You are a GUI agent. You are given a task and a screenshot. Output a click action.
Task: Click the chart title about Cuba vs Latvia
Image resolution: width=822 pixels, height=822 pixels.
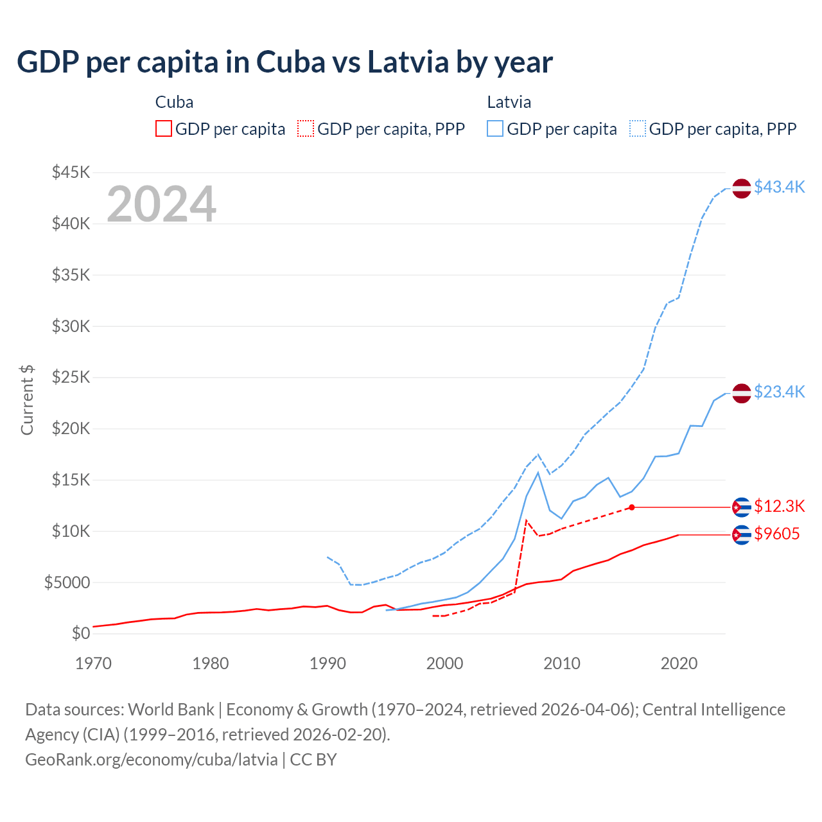pyautogui.click(x=284, y=62)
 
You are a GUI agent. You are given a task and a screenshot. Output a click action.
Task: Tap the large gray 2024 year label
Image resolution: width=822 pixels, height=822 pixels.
pyautogui.click(x=161, y=204)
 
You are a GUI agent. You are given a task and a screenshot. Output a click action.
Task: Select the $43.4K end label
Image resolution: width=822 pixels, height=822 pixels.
pyautogui.click(x=779, y=187)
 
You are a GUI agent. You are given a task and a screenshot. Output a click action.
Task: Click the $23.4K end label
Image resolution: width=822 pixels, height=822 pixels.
pyautogui.click(x=779, y=392)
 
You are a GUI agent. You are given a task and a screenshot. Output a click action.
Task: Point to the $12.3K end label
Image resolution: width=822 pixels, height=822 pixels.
pyautogui.click(x=779, y=506)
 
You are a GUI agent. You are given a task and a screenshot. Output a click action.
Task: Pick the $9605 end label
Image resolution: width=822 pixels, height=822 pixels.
pyautogui.click(x=776, y=534)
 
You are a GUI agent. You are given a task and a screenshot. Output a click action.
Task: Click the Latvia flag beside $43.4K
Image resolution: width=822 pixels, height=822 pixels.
pyautogui.click(x=742, y=188)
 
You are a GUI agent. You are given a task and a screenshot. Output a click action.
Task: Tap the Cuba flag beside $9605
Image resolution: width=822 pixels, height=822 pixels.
pyautogui.click(x=742, y=534)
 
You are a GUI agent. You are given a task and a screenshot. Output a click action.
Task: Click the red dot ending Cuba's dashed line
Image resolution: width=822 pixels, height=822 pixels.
pyautogui.click(x=632, y=507)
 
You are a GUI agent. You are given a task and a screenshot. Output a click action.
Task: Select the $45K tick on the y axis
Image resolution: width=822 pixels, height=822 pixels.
pyautogui.click(x=71, y=172)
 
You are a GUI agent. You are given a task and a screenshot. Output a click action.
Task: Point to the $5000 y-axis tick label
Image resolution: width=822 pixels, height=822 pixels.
pyautogui.click(x=67, y=582)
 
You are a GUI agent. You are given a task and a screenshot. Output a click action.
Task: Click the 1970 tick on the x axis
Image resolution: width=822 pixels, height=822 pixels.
pyautogui.click(x=94, y=663)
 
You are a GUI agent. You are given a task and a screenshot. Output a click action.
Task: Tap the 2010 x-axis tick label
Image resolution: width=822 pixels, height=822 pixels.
pyautogui.click(x=562, y=663)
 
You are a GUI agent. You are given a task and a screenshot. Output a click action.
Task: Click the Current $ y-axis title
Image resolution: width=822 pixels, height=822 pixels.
pyautogui.click(x=27, y=399)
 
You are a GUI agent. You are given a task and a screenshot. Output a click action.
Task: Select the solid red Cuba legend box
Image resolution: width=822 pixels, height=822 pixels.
pyautogui.click(x=164, y=129)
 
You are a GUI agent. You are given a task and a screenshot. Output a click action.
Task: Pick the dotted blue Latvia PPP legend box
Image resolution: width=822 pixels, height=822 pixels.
pyautogui.click(x=638, y=129)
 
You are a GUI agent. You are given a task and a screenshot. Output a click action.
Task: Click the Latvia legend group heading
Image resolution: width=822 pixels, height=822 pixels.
pyautogui.click(x=509, y=102)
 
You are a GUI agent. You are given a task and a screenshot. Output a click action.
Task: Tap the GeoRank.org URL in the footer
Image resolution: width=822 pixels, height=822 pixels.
pyautogui.click(x=152, y=760)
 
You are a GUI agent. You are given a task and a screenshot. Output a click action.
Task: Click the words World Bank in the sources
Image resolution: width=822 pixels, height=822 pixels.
pyautogui.click(x=171, y=710)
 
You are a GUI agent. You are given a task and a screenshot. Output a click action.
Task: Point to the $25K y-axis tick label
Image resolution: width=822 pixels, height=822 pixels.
pyautogui.click(x=71, y=377)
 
